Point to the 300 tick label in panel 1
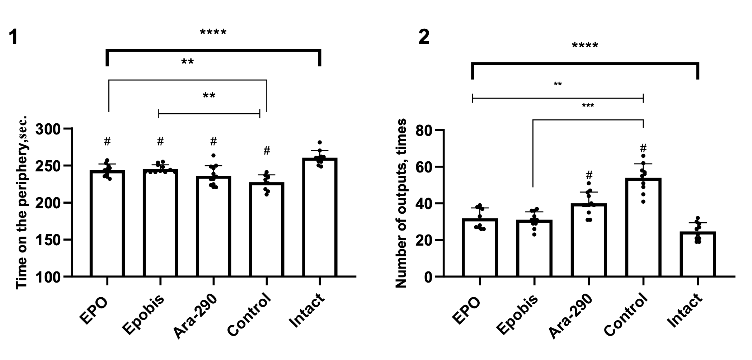[48, 129]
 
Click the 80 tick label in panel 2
[424, 131]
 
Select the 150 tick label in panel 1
[48, 240]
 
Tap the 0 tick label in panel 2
[429, 277]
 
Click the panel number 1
[13, 37]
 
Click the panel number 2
[424, 37]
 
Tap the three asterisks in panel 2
[587, 106]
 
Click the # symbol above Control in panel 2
[643, 148]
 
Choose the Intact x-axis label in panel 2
[685, 311]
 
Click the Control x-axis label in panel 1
[249, 316]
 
